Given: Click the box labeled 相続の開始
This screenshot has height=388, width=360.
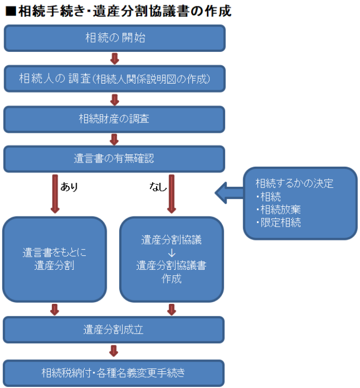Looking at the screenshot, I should pos(114,38).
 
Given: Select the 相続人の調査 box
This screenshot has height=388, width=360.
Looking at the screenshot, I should pos(114,79).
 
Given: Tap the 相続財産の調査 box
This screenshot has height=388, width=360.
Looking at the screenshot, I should pos(114,119).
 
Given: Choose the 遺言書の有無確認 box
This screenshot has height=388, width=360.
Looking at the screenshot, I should pos(114,159).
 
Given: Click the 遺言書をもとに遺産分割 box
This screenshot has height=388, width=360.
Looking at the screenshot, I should pos(54,259).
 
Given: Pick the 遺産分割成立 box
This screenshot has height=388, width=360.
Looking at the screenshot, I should pos(114,329).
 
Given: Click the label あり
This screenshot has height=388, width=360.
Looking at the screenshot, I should pos(69,187).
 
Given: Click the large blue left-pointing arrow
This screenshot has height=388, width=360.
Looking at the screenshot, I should pos(228,190).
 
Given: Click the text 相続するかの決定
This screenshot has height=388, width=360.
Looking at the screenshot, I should pos(294,183).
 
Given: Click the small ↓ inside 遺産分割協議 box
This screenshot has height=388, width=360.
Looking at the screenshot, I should pos(172,252).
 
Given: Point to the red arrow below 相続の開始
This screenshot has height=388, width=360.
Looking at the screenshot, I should pos(114,58).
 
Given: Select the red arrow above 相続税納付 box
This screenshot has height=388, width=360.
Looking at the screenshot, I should pos(114,350).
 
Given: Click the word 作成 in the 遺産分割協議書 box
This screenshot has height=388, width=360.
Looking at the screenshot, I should pos(172,279).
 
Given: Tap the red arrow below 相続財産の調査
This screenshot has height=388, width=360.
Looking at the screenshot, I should pos(114,139).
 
